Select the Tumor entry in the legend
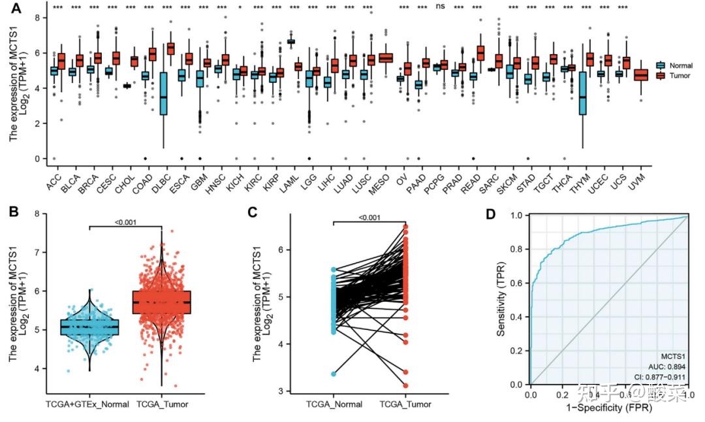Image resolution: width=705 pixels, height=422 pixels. [678, 76]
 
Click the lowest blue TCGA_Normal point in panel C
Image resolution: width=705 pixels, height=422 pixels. [334, 374]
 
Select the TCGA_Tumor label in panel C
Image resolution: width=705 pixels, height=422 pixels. [405, 405]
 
